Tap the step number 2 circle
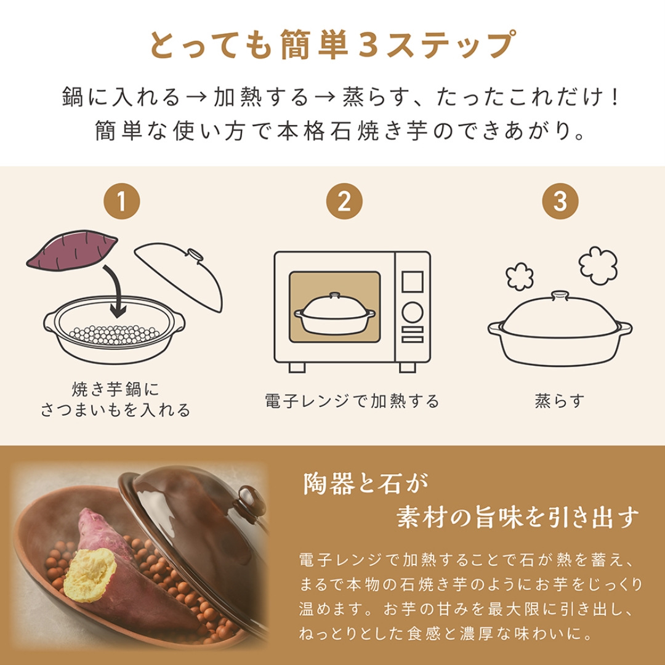click(344, 201)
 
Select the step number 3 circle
click(559, 201)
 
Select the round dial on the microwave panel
click(411, 313)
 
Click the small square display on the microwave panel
click(411, 283)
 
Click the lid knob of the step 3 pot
click(559, 296)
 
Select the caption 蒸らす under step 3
click(559, 401)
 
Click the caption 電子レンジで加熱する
click(352, 401)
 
